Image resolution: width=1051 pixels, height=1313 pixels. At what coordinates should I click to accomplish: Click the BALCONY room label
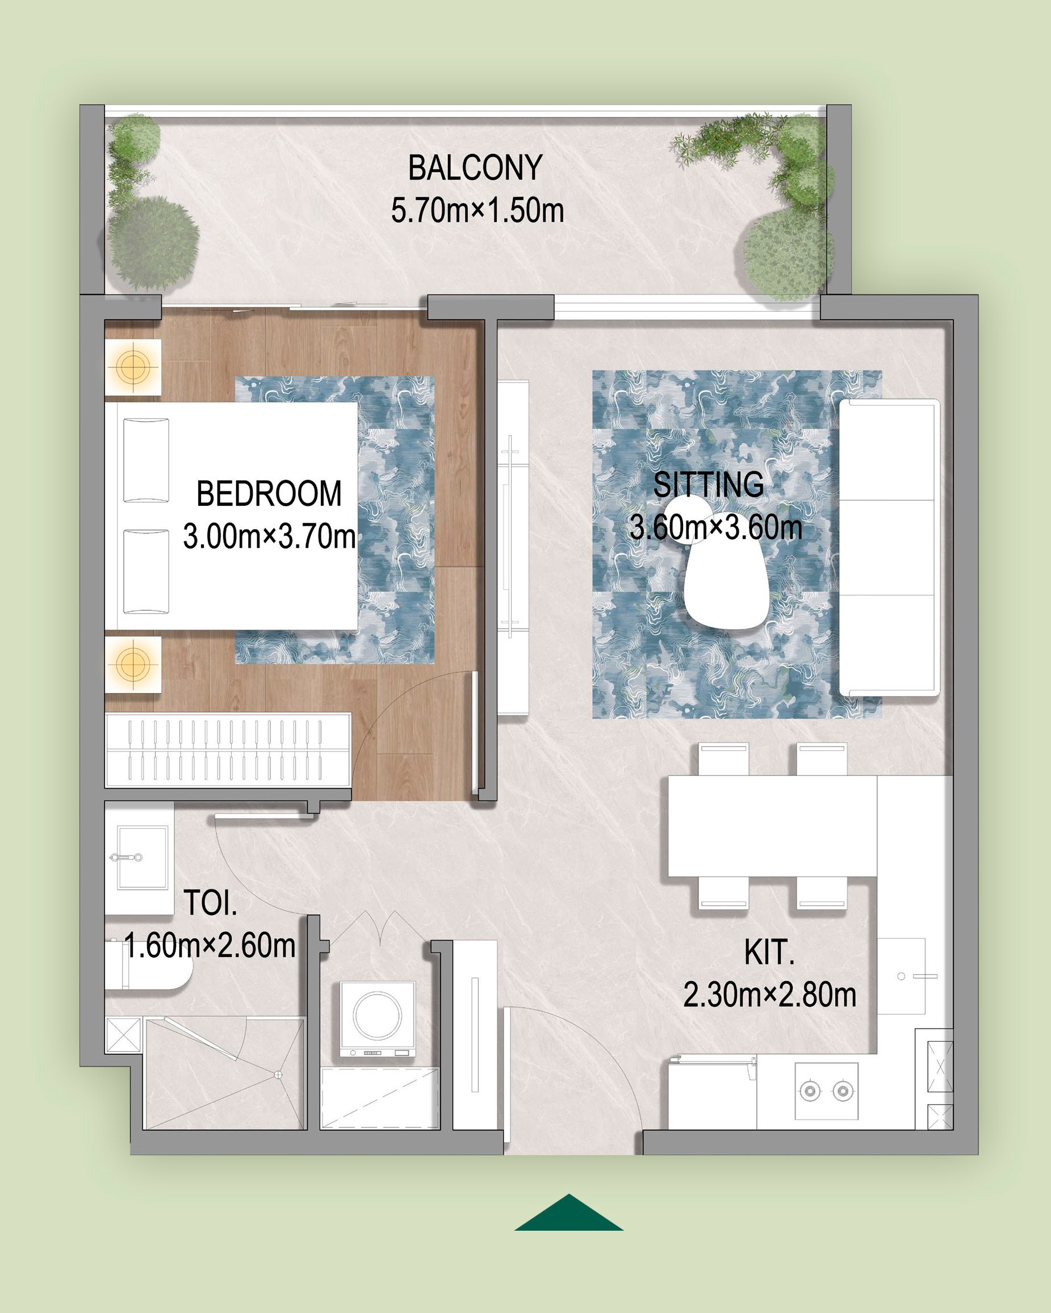[475, 167]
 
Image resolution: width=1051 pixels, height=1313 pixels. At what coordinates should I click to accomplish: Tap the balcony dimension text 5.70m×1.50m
[477, 211]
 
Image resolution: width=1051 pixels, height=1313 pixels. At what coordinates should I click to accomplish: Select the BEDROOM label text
[269, 493]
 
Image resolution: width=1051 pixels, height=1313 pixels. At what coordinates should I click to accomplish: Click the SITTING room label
[708, 485]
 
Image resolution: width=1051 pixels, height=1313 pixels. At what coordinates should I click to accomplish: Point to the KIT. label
[769, 953]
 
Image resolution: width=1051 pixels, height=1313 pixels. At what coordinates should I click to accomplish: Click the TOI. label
[210, 903]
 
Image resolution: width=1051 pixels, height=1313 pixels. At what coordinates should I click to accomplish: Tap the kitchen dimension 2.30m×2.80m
[769, 995]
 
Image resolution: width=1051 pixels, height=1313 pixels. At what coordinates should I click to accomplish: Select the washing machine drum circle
[377, 1015]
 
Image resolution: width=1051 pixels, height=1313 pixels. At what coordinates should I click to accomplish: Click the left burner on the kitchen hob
[810, 1090]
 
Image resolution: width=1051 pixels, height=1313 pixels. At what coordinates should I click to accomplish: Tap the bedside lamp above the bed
[133, 367]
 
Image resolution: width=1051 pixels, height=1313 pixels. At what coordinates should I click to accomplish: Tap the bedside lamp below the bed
[133, 663]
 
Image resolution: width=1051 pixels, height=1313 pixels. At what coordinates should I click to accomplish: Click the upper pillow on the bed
[146, 460]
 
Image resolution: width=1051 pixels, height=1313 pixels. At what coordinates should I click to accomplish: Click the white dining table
[772, 825]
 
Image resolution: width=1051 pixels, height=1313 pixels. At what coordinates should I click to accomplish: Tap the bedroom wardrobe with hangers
[228, 750]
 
